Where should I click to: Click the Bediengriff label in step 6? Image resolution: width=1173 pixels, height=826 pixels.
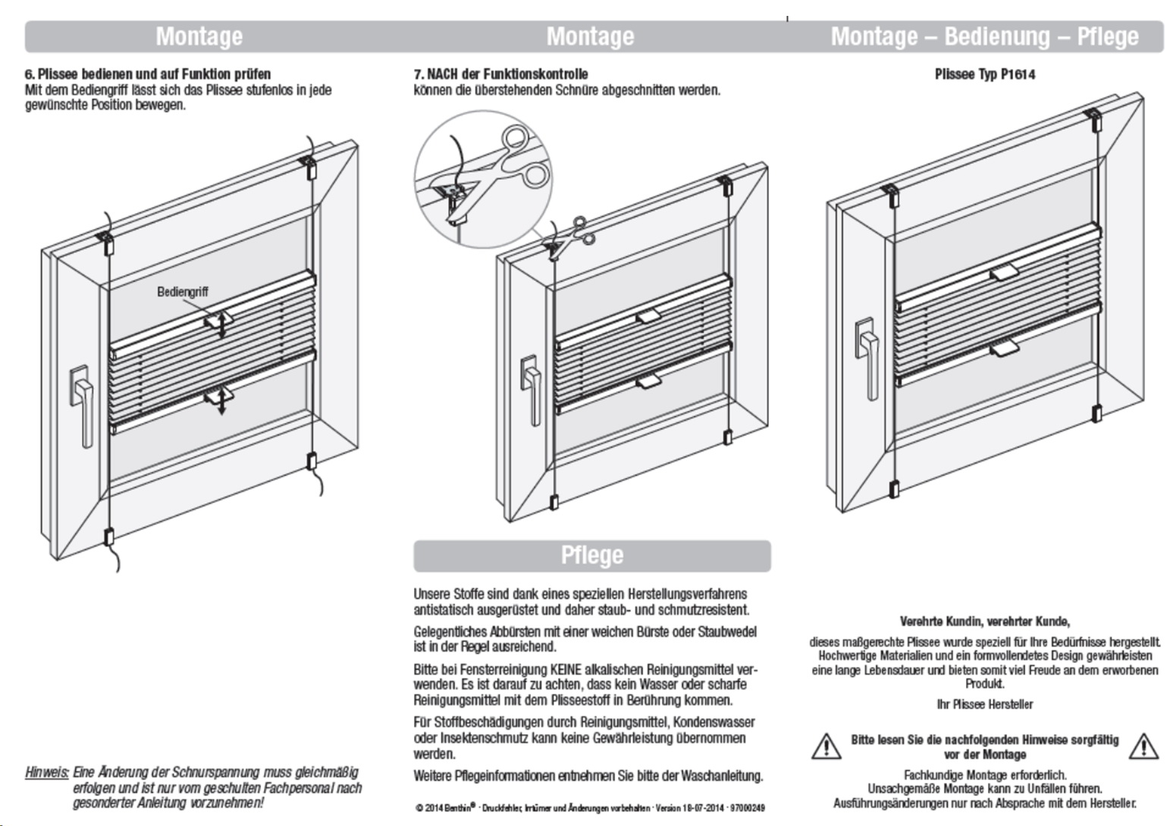(182, 292)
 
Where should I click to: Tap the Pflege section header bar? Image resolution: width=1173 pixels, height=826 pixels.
(591, 555)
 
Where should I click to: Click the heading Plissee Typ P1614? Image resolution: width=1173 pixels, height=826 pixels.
(984, 74)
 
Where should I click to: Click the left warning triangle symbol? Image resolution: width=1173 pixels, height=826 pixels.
(826, 746)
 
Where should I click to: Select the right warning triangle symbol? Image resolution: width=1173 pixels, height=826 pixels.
(1143, 746)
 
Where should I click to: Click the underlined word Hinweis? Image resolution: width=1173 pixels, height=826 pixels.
(47, 773)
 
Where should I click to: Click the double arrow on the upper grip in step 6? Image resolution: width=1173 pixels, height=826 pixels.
(222, 324)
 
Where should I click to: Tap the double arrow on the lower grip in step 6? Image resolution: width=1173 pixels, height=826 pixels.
(222, 401)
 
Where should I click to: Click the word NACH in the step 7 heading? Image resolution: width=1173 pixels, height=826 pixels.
(444, 74)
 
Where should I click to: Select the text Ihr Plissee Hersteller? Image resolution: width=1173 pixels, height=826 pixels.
(984, 705)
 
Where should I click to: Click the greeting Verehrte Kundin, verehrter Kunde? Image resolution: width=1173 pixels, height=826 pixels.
(984, 622)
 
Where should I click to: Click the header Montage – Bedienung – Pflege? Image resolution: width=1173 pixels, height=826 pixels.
(984, 36)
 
